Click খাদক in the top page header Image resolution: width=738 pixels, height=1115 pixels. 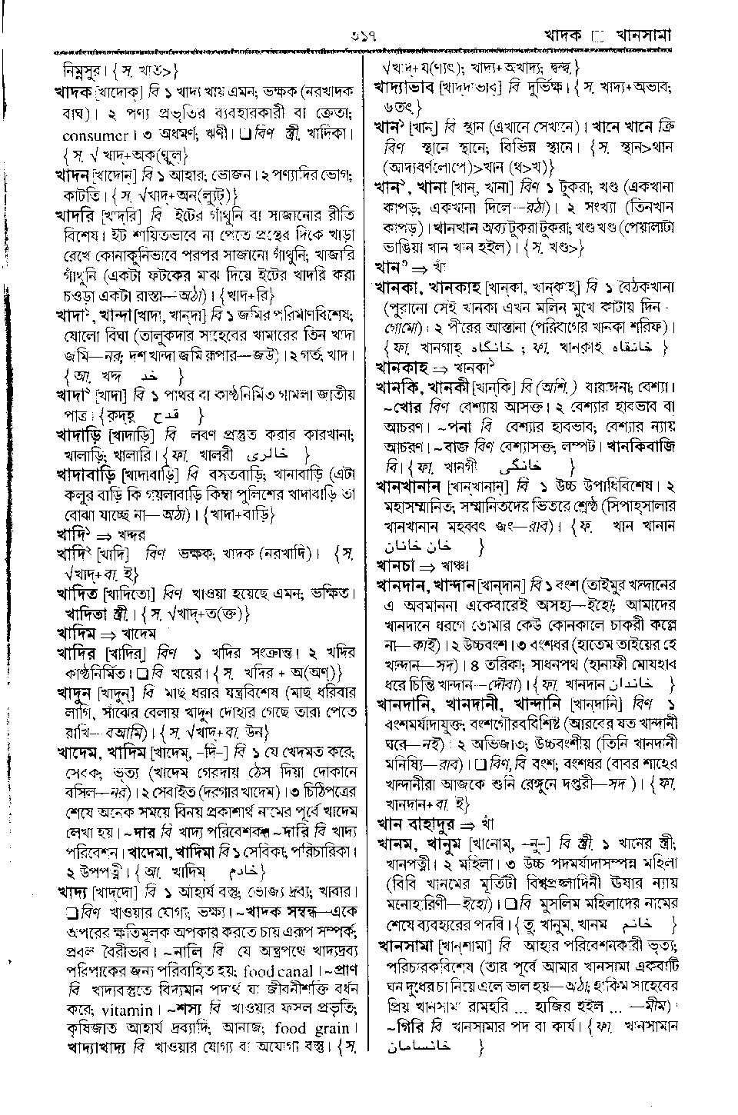[565, 35]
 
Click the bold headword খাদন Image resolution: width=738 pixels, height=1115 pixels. [72, 176]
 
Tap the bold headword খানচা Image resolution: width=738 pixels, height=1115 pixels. [396, 567]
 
